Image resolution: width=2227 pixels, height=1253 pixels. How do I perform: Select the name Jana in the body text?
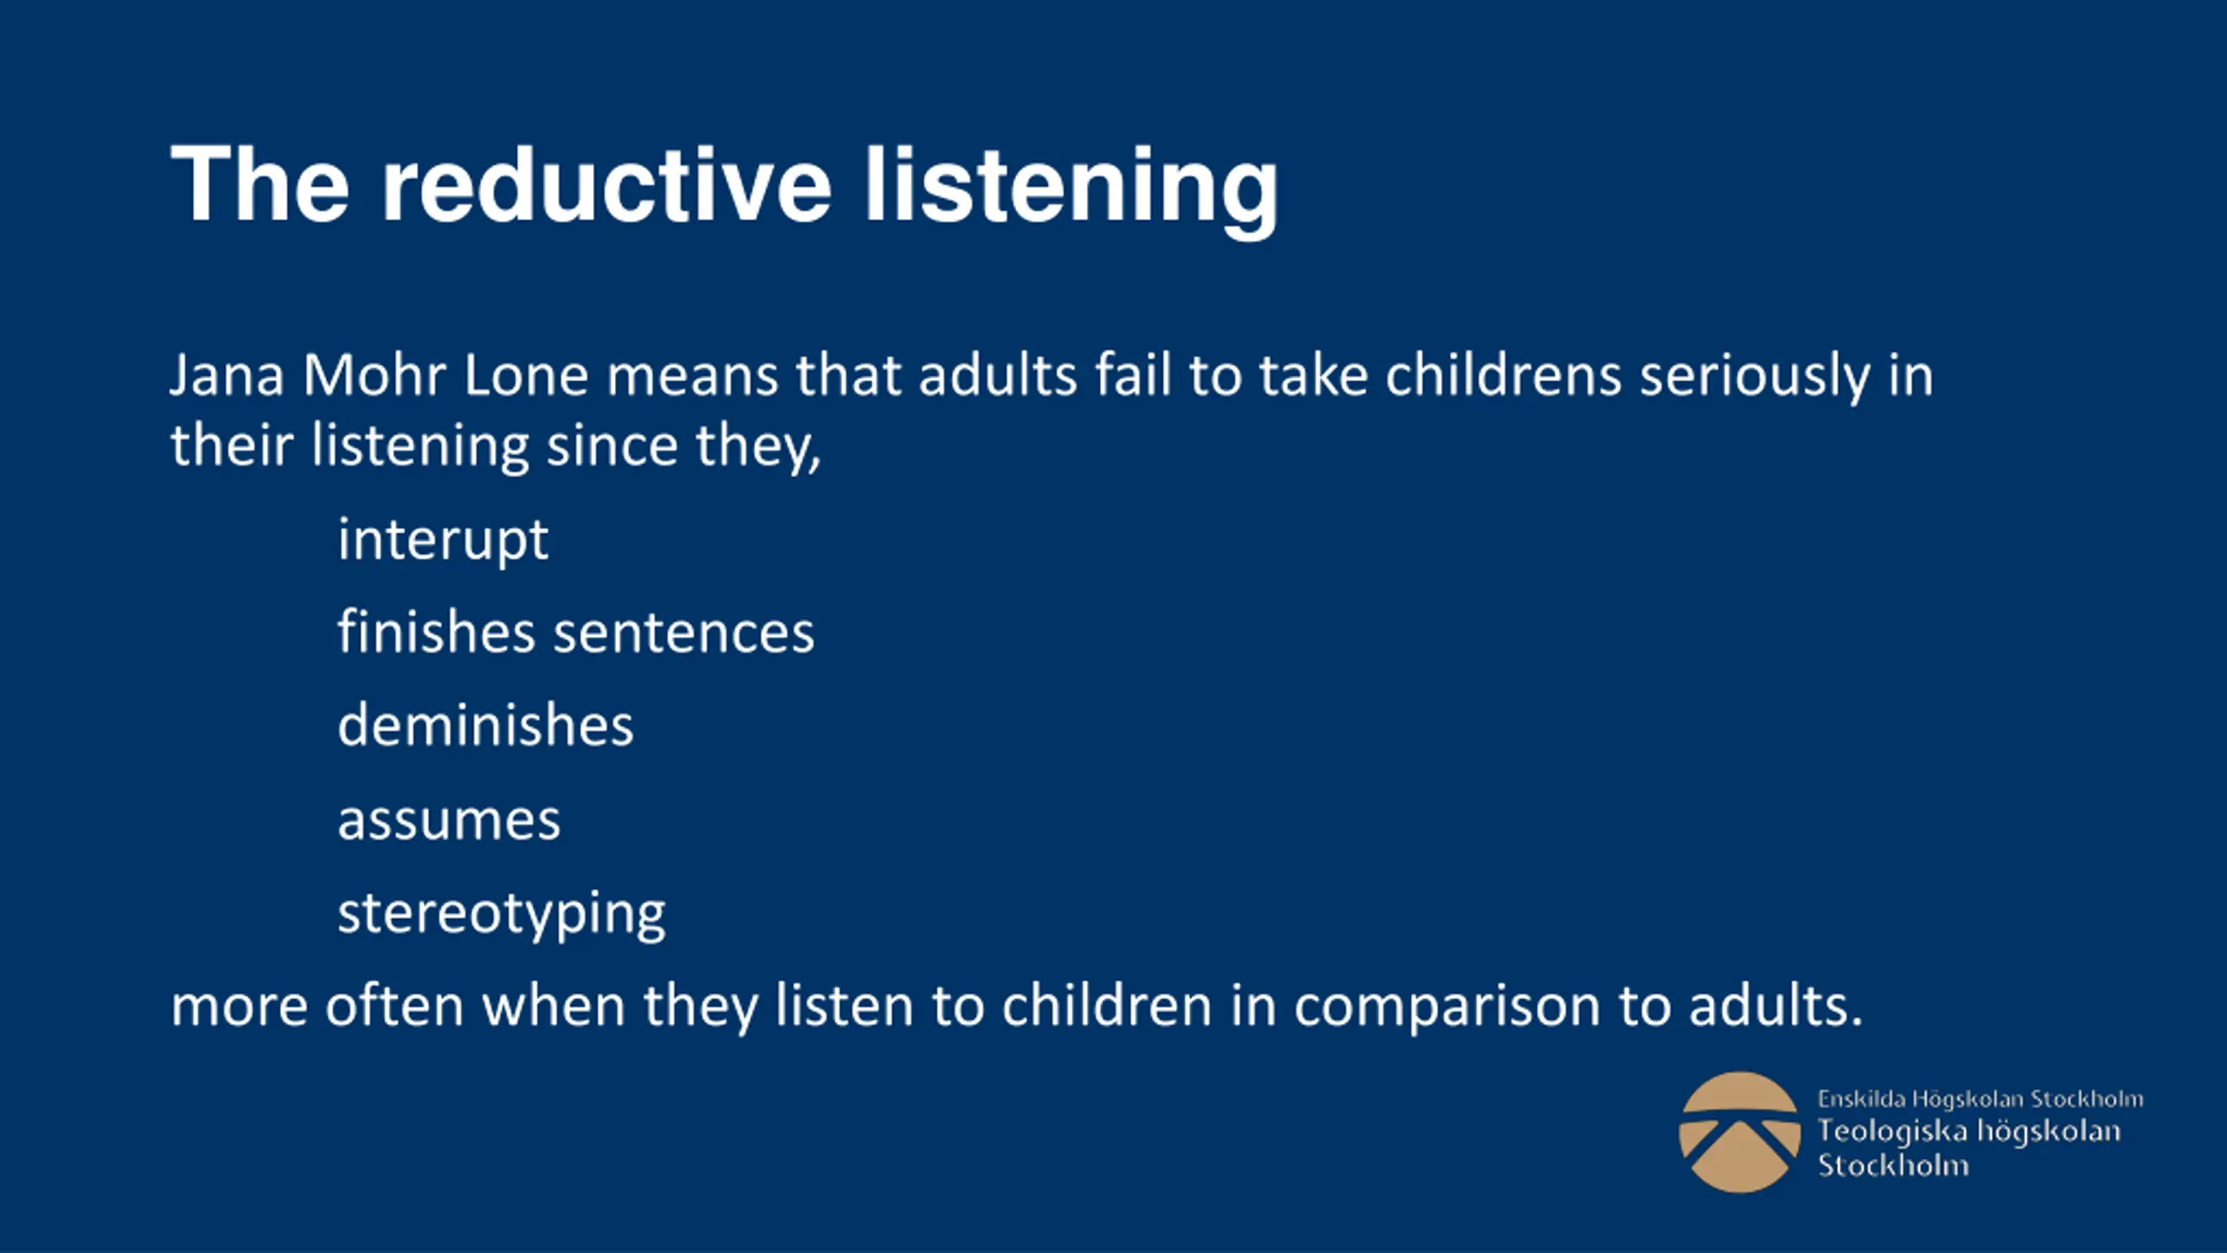(227, 376)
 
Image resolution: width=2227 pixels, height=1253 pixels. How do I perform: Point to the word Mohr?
(374, 375)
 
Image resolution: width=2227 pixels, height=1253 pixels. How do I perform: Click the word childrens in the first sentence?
(1503, 375)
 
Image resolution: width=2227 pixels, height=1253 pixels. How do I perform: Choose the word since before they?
(612, 446)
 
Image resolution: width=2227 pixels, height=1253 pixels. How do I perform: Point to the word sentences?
(684, 633)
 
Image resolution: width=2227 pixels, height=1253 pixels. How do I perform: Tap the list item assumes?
(449, 821)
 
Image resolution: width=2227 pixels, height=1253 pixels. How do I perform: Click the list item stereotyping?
(501, 915)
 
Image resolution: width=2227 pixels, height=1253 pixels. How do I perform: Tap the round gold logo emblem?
(1739, 1132)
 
